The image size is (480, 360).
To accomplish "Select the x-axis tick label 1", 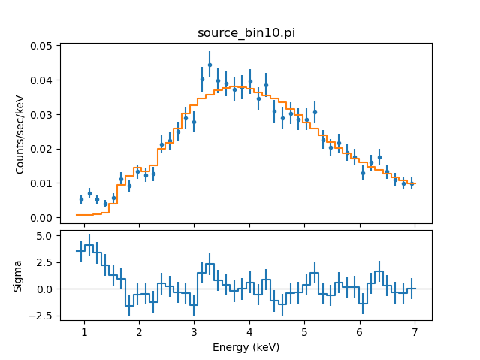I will [84, 332].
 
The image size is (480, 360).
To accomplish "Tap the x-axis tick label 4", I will [249, 332].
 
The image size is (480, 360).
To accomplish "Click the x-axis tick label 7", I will [415, 332].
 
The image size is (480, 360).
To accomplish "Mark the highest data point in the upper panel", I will [210, 65].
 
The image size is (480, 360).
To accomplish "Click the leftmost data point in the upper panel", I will [81, 199].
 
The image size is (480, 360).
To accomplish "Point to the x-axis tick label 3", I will [194, 332].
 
